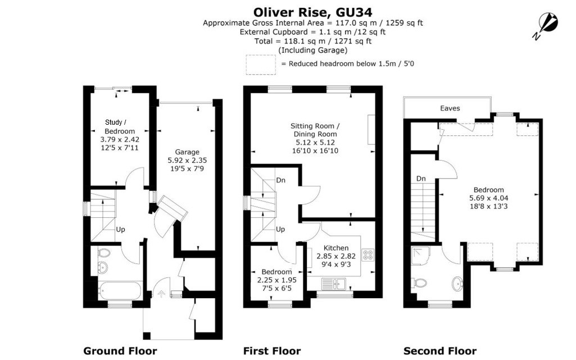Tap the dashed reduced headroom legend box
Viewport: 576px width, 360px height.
[261, 65]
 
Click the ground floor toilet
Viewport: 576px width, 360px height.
[103, 267]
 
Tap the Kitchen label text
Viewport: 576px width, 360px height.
[336, 248]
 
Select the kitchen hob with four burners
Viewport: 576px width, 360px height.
[368, 254]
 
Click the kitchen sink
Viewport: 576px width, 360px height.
[333, 282]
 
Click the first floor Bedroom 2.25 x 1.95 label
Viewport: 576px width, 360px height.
[276, 280]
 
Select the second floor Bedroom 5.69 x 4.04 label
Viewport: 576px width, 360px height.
[488, 198]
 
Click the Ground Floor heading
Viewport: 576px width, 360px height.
[120, 351]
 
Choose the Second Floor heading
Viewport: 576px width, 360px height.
[439, 351]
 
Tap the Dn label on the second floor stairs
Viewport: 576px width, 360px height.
[421, 178]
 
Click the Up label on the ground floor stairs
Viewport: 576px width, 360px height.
[120, 229]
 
